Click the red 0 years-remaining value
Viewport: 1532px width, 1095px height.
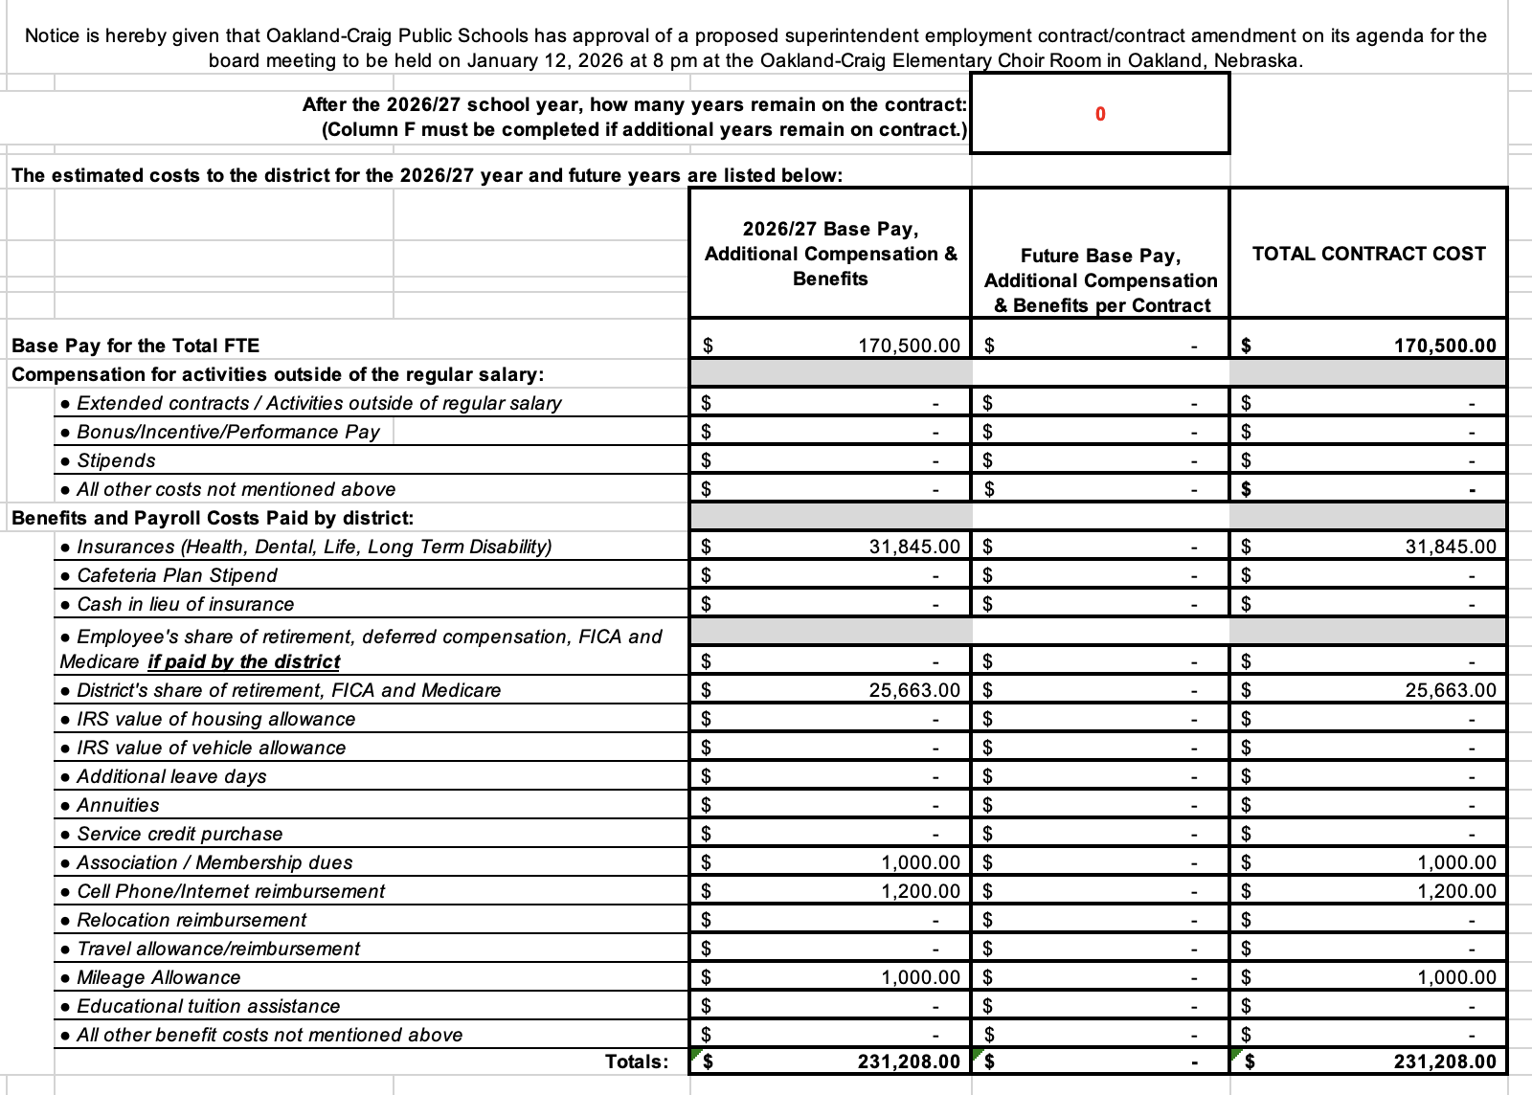tap(1099, 114)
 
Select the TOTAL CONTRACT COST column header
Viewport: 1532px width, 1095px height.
tap(1368, 254)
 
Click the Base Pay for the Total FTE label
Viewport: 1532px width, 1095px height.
tap(135, 346)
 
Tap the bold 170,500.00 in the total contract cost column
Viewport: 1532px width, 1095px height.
tap(1444, 346)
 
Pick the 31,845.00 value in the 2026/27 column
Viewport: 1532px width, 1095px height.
tap(913, 547)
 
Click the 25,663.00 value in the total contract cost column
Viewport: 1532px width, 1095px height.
tap(1450, 690)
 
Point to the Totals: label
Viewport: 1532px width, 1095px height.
tap(637, 1061)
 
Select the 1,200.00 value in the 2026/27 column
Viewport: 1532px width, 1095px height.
tap(919, 891)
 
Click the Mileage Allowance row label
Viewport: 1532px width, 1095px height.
tap(158, 977)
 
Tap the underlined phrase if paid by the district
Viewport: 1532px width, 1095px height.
tap(243, 661)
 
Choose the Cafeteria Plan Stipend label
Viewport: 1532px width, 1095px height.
tap(176, 575)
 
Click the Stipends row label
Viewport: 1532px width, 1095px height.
tap(115, 460)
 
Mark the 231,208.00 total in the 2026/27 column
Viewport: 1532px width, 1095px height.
tap(908, 1061)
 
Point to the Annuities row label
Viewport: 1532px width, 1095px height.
tap(117, 805)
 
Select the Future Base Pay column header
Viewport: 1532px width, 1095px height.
tap(1100, 280)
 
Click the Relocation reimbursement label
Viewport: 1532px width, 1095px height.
tap(191, 920)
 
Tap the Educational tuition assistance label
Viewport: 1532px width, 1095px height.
tap(208, 1006)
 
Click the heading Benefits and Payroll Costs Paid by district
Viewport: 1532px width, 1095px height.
tap(213, 518)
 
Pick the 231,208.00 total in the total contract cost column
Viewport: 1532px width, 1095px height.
tap(1444, 1061)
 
